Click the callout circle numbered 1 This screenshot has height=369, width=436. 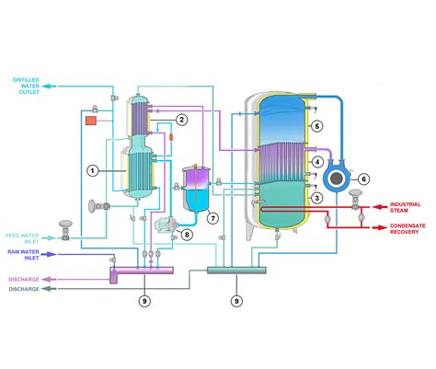92,170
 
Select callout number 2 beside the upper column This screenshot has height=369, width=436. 182,120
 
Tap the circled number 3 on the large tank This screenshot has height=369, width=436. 316,198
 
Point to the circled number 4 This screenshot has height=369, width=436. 316,162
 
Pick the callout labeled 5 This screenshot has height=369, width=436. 316,125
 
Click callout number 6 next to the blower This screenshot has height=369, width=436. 362,179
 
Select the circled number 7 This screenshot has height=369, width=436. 212,218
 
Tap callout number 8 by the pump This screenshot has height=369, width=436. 187,235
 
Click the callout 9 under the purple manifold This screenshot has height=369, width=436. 143,300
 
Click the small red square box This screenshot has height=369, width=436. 90,121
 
